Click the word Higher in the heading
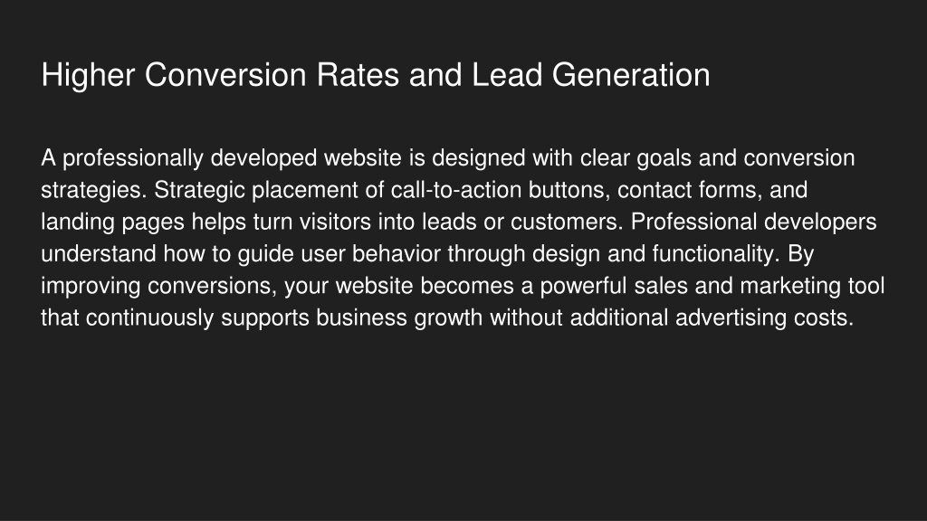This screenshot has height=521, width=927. [88, 76]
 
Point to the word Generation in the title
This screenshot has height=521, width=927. [631, 75]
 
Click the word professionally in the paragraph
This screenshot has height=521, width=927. [133, 159]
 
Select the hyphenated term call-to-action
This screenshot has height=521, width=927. [456, 190]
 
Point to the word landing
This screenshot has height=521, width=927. [78, 223]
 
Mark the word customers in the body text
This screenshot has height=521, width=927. [567, 223]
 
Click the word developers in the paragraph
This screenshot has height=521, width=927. [820, 223]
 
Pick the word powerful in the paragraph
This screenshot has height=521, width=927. [583, 287]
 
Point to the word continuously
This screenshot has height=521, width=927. [149, 318]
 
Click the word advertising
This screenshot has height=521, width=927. [731, 318]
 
